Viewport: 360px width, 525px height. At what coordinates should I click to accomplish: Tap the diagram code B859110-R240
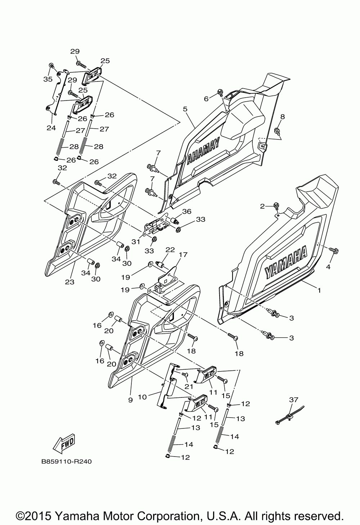(66, 461)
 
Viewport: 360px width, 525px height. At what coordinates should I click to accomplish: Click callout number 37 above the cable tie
(293, 399)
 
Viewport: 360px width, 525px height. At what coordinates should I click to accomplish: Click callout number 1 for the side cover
(318, 289)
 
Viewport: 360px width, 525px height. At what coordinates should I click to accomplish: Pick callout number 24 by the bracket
(51, 128)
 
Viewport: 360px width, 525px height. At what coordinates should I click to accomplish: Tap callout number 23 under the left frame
(69, 282)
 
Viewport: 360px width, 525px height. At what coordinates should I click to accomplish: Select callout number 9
(130, 400)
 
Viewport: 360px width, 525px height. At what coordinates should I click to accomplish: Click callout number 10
(142, 397)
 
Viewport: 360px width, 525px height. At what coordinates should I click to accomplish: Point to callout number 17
(183, 255)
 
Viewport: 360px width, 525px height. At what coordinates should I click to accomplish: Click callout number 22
(170, 250)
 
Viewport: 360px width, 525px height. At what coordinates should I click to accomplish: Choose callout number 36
(186, 212)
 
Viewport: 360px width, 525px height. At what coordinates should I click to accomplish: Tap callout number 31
(135, 242)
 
